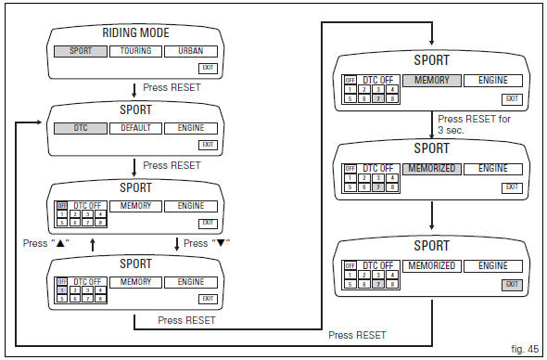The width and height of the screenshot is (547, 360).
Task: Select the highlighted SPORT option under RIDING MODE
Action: pos(81,51)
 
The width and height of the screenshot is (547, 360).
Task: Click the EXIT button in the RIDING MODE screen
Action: pos(208,68)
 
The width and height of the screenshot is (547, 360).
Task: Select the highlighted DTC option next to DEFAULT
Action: pos(81,128)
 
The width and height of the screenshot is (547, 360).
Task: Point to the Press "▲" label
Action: pos(49,243)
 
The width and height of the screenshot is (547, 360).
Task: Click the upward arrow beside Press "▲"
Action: pos(92,243)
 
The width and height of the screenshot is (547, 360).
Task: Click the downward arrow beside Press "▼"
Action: pos(175,243)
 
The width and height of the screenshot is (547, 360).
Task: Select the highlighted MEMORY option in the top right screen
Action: pos(431,81)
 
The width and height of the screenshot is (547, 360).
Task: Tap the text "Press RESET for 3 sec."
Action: pos(475,124)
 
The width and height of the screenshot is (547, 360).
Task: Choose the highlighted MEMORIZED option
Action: pos(431,169)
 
